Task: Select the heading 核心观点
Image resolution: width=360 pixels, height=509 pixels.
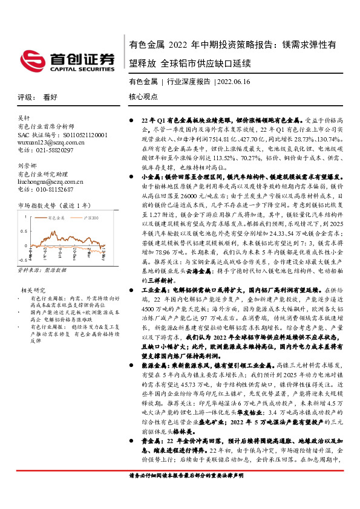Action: click(x=143, y=97)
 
